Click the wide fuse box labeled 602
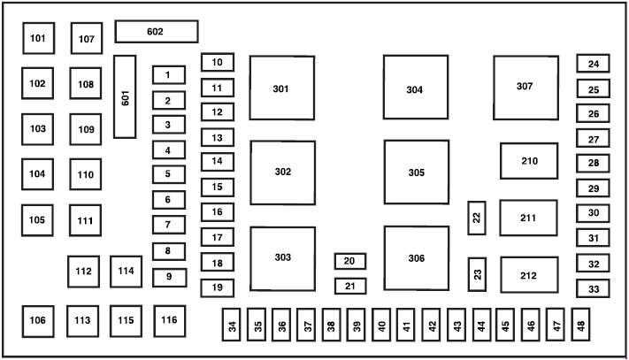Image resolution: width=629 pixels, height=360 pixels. click(x=157, y=32)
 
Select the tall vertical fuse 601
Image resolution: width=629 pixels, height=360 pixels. click(x=126, y=96)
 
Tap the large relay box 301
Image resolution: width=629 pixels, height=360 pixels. click(x=281, y=88)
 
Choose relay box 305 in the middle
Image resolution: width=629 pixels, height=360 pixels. click(x=416, y=172)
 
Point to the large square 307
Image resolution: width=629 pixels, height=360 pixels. click(x=525, y=86)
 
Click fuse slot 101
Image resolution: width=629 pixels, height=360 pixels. click(x=38, y=38)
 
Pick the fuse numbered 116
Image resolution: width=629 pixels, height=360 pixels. click(x=169, y=319)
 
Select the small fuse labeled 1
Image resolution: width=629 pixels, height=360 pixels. click(x=168, y=75)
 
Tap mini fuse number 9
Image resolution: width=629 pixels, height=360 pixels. click(x=168, y=277)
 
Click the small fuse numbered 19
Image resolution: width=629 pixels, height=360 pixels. click(x=217, y=287)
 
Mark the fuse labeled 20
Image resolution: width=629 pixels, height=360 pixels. click(x=349, y=261)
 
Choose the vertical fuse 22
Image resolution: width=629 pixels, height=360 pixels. click(x=477, y=218)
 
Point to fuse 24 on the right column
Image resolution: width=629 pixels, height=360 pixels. click(x=594, y=64)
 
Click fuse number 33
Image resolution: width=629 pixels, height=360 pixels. click(x=594, y=289)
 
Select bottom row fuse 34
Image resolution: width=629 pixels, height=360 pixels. click(x=232, y=326)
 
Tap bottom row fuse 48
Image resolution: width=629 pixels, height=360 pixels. click(x=580, y=326)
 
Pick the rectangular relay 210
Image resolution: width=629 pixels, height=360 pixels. click(x=529, y=161)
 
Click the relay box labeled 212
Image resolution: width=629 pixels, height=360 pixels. click(x=529, y=275)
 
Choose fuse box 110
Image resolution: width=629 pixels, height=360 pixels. click(x=86, y=174)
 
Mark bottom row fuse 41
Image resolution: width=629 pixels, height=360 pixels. click(x=406, y=326)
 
